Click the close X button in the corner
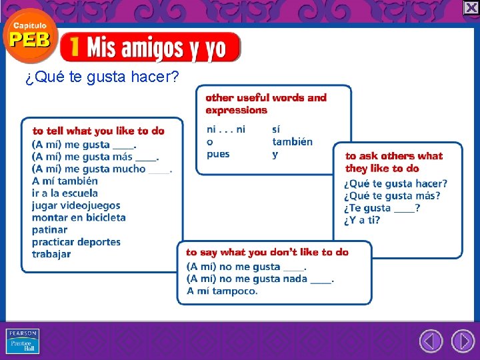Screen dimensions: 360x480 click(471, 7)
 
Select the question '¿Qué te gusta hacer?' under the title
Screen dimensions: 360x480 click(101, 78)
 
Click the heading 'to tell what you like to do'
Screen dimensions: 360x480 click(98, 131)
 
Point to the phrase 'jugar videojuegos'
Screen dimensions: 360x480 click(76, 205)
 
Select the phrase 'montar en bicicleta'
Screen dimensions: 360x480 click(79, 217)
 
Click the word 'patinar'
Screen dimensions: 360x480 click(49, 229)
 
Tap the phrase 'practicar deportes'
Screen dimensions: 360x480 click(76, 241)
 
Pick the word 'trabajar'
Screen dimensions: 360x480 click(51, 254)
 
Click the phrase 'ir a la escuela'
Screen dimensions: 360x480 click(65, 193)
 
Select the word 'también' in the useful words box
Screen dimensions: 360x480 click(292, 141)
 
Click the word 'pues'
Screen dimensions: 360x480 click(218, 154)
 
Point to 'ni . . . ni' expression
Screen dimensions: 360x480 click(226, 129)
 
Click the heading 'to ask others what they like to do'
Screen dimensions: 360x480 click(393, 162)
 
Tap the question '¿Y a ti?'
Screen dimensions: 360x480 click(362, 220)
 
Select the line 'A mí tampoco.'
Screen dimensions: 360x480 click(222, 291)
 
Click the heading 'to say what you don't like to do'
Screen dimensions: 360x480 click(267, 252)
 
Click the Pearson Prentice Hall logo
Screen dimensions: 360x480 click(23, 341)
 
